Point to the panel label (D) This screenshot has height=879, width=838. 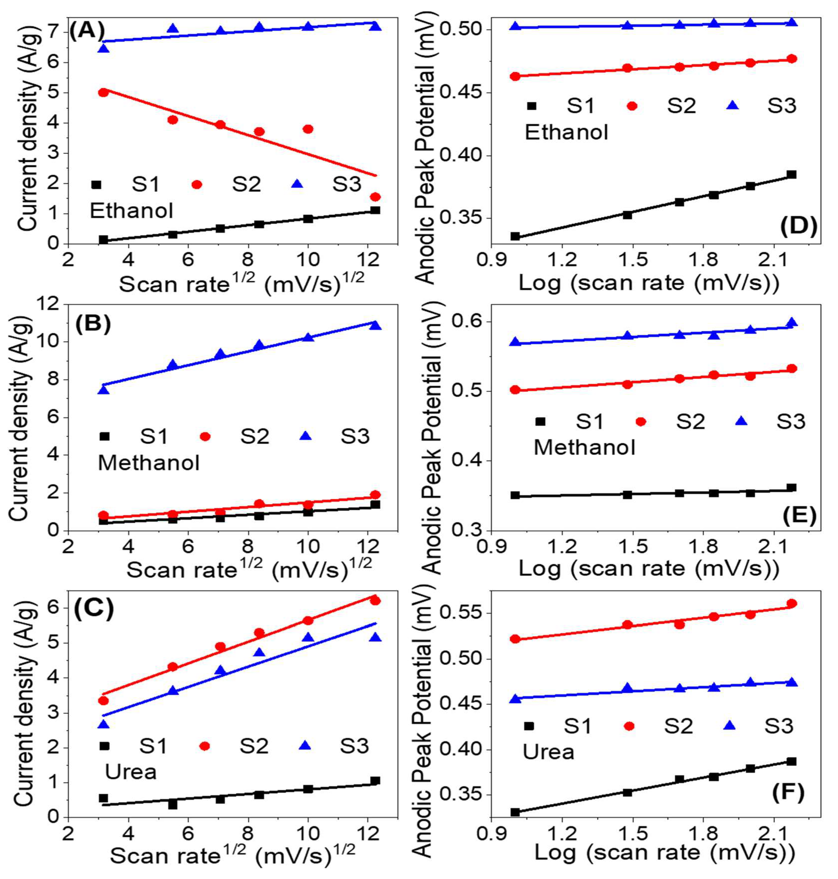pyautogui.click(x=798, y=227)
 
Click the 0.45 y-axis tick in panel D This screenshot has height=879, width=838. pyautogui.click(x=460, y=93)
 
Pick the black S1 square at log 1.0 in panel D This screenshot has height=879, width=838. pyautogui.click(x=515, y=236)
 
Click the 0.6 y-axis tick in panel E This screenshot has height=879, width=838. pyautogui.click(x=469, y=322)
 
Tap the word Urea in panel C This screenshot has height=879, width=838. pyautogui.click(x=131, y=772)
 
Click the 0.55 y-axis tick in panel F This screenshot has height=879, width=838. pyautogui.click(x=460, y=613)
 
